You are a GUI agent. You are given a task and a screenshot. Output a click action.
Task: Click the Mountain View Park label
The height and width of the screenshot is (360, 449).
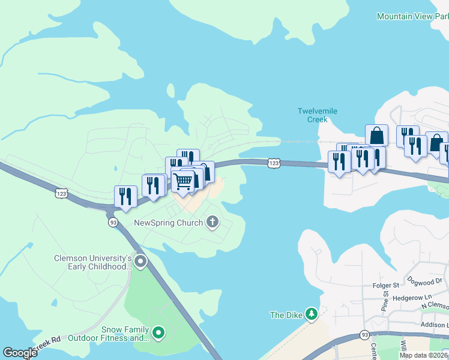(x=412, y=16)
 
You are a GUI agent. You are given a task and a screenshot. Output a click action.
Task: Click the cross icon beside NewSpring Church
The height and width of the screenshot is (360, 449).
(x=211, y=223)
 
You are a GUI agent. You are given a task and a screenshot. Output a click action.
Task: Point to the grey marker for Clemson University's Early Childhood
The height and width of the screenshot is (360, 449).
(x=140, y=261)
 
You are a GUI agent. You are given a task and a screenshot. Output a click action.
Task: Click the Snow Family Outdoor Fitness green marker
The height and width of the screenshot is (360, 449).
(x=158, y=332)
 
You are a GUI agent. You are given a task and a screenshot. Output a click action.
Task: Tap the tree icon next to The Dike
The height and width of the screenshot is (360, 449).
(x=311, y=314)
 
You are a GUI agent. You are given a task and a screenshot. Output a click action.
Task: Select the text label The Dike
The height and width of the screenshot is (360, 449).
(x=285, y=314)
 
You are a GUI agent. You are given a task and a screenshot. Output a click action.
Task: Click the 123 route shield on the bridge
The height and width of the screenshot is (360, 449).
(x=274, y=163)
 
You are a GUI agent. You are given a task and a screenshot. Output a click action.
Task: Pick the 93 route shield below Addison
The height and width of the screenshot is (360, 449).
(x=364, y=334)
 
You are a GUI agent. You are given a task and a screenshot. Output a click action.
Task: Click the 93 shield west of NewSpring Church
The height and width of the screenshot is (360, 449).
(x=113, y=222)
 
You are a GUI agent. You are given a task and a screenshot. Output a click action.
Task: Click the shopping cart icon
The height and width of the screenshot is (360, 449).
(x=183, y=181)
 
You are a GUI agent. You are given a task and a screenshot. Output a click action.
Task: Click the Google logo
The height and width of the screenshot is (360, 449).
(x=20, y=353)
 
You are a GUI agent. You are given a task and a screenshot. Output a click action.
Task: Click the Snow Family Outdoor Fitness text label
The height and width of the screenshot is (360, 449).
(x=108, y=333)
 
